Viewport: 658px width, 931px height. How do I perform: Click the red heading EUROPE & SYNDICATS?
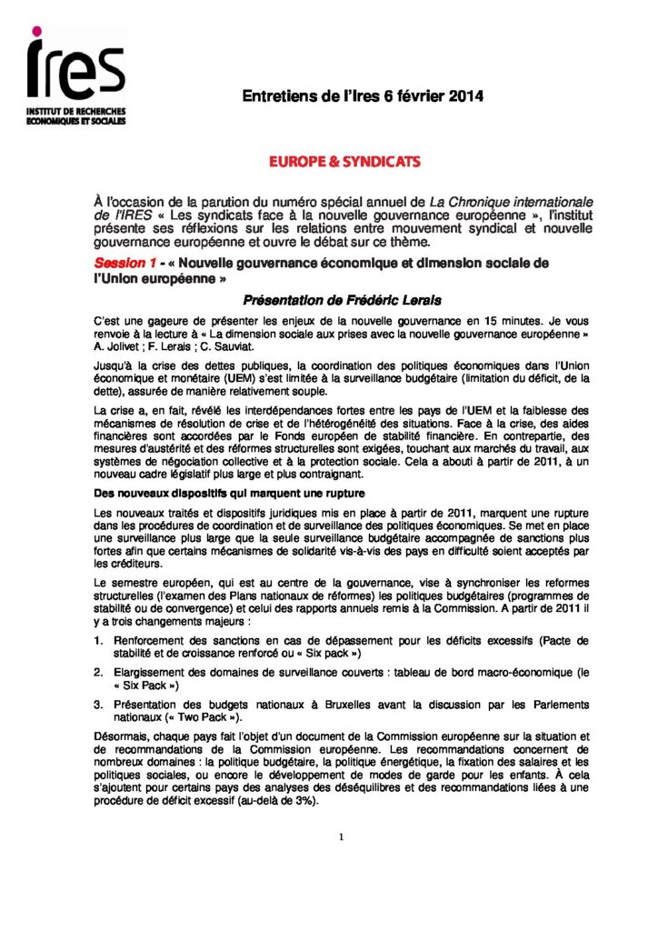[x=344, y=161]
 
